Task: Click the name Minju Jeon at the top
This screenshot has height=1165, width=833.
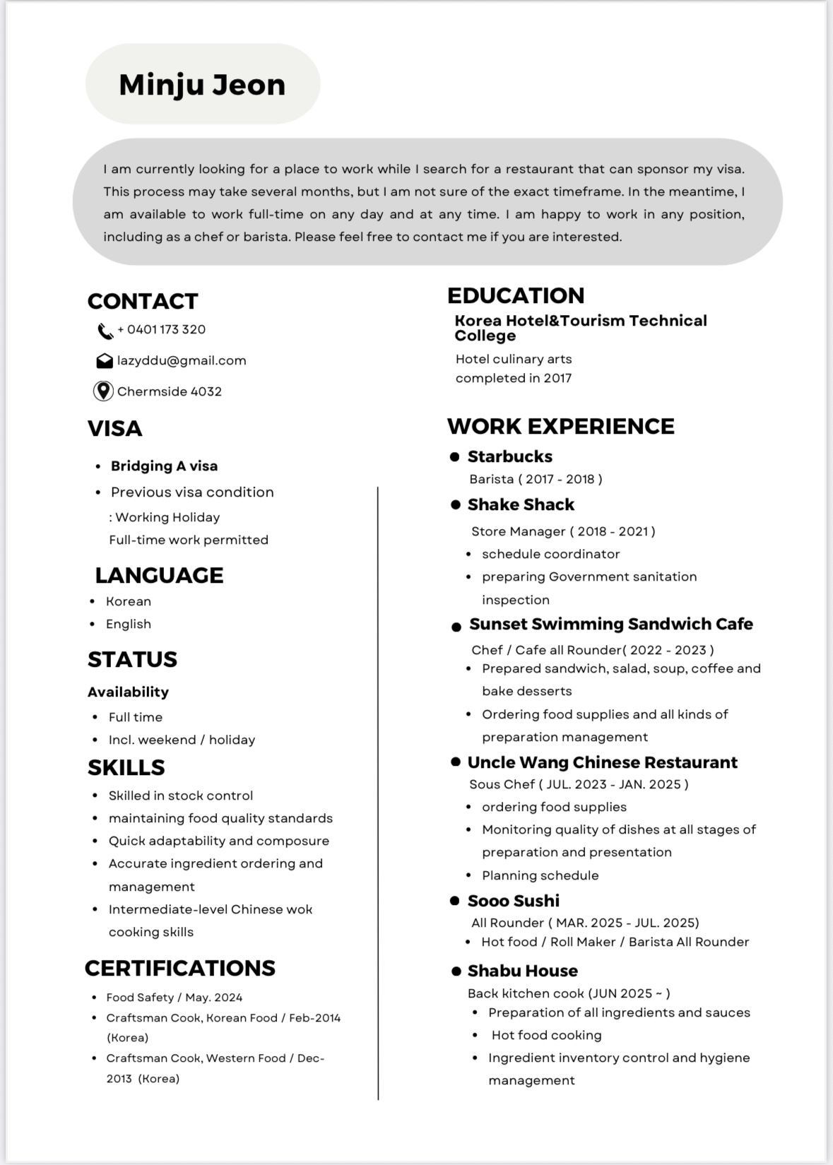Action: pyautogui.click(x=202, y=85)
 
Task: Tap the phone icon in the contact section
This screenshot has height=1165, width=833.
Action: pyautogui.click(x=105, y=331)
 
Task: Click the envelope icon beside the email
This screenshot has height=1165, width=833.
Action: pyautogui.click(x=105, y=361)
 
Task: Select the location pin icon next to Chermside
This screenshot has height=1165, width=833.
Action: pyautogui.click(x=103, y=391)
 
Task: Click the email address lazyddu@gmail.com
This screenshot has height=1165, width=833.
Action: pyautogui.click(x=182, y=360)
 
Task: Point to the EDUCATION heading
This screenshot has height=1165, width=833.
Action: pyautogui.click(x=516, y=295)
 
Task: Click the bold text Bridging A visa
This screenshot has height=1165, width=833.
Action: pyautogui.click(x=164, y=466)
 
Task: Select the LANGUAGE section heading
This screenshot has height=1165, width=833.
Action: pyautogui.click(x=159, y=575)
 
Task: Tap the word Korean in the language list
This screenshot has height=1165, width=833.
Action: pyautogui.click(x=129, y=601)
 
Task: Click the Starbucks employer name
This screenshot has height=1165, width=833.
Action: pyautogui.click(x=510, y=456)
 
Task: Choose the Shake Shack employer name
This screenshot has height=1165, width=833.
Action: pyautogui.click(x=521, y=504)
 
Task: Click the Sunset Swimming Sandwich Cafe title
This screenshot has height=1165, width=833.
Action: pyautogui.click(x=611, y=624)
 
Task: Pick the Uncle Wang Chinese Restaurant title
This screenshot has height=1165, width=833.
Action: pyautogui.click(x=602, y=762)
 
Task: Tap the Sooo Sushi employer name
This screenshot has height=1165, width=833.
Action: pyautogui.click(x=514, y=901)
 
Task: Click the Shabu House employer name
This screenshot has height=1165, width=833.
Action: pyautogui.click(x=523, y=971)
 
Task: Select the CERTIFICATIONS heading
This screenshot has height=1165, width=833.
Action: pyautogui.click(x=180, y=968)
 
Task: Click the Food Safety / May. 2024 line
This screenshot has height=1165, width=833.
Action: pyautogui.click(x=175, y=998)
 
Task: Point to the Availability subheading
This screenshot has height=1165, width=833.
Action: pyautogui.click(x=128, y=692)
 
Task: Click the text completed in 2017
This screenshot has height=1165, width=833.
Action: pyautogui.click(x=514, y=378)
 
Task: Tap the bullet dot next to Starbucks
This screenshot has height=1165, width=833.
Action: pyautogui.click(x=455, y=457)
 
